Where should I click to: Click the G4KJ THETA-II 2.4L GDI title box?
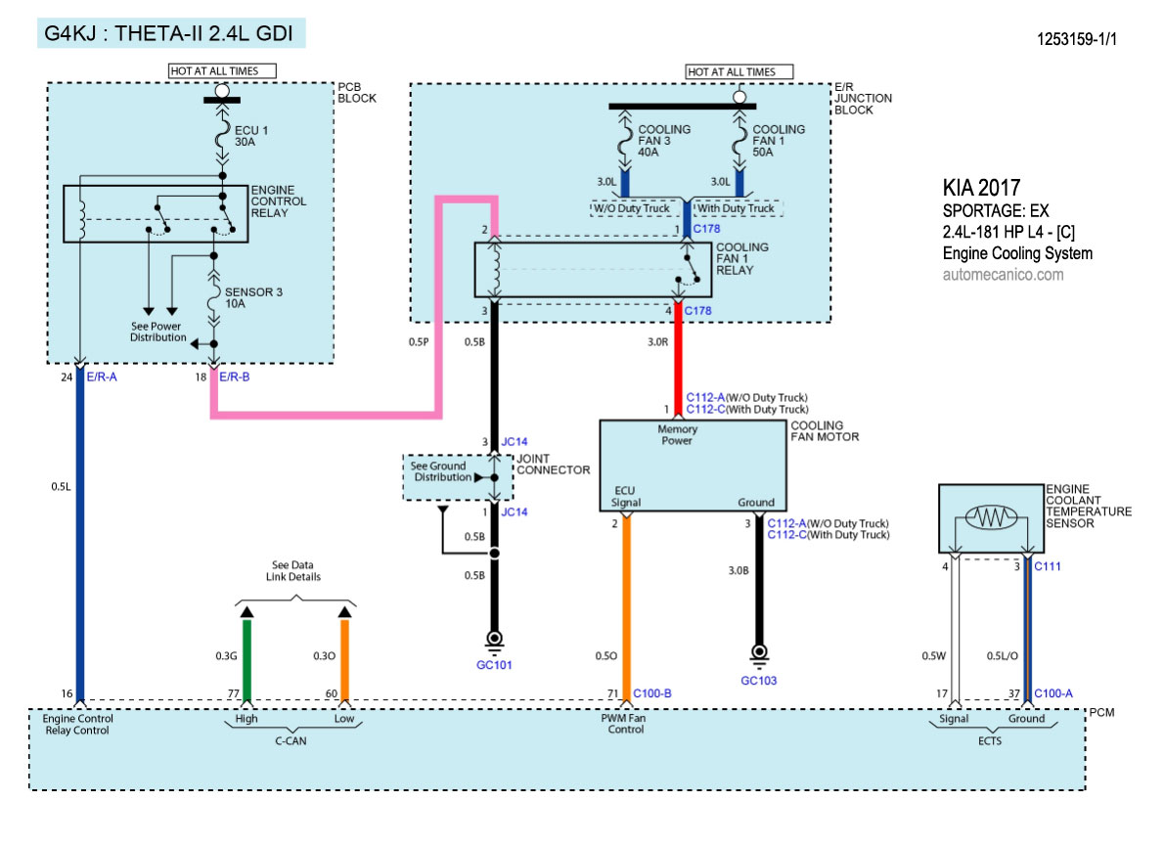point(171,33)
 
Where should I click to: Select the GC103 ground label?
point(758,680)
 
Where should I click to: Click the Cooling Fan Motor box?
point(692,466)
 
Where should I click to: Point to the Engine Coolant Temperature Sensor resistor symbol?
point(992,518)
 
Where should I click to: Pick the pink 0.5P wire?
point(323,415)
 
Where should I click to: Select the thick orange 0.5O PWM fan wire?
point(626,606)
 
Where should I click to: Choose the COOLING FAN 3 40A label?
point(664,141)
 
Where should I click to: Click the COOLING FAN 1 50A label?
point(779,141)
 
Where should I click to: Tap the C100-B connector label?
point(652,694)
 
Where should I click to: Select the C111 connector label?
point(1048,566)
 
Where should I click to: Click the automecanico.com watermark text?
point(1003,275)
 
